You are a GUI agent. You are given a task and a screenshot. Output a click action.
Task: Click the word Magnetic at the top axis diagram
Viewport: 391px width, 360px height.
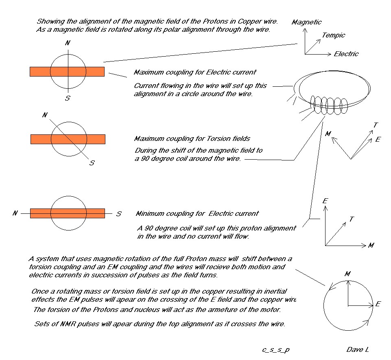(306, 22)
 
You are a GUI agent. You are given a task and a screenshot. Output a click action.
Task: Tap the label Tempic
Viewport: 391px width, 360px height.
(333, 35)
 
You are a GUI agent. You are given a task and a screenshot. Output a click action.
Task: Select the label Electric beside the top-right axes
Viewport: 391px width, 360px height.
(346, 54)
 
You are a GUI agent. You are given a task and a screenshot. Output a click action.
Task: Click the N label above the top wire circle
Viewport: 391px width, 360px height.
(68, 43)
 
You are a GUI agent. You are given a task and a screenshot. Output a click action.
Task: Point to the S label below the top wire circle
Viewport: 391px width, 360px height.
(68, 98)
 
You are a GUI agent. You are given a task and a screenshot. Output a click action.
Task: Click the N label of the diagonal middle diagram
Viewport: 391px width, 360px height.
(44, 115)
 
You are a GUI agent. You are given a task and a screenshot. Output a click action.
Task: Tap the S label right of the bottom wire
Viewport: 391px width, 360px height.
(118, 214)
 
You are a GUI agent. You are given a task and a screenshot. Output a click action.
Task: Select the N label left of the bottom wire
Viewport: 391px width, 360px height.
(15, 213)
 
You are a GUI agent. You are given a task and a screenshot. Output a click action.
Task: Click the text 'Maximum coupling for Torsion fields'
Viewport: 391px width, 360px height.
(192, 139)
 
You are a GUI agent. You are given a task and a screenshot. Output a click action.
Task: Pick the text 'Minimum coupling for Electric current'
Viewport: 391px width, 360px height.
(197, 214)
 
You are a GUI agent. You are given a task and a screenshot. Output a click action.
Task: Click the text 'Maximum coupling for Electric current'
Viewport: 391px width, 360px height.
(195, 72)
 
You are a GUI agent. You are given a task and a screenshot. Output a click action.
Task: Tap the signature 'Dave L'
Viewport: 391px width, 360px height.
(358, 350)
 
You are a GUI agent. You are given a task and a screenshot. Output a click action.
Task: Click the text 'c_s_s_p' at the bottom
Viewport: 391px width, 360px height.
(276, 350)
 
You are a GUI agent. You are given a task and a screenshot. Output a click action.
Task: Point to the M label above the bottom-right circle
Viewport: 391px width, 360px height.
(347, 274)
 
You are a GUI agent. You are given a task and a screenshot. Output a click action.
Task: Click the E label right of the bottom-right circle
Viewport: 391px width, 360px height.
(378, 304)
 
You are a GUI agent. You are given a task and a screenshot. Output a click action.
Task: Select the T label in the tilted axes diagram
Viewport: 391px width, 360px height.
(376, 125)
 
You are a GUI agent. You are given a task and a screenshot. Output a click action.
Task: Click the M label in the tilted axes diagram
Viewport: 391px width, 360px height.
(328, 134)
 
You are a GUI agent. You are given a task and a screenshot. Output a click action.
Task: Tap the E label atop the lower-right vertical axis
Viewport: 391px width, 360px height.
(325, 201)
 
